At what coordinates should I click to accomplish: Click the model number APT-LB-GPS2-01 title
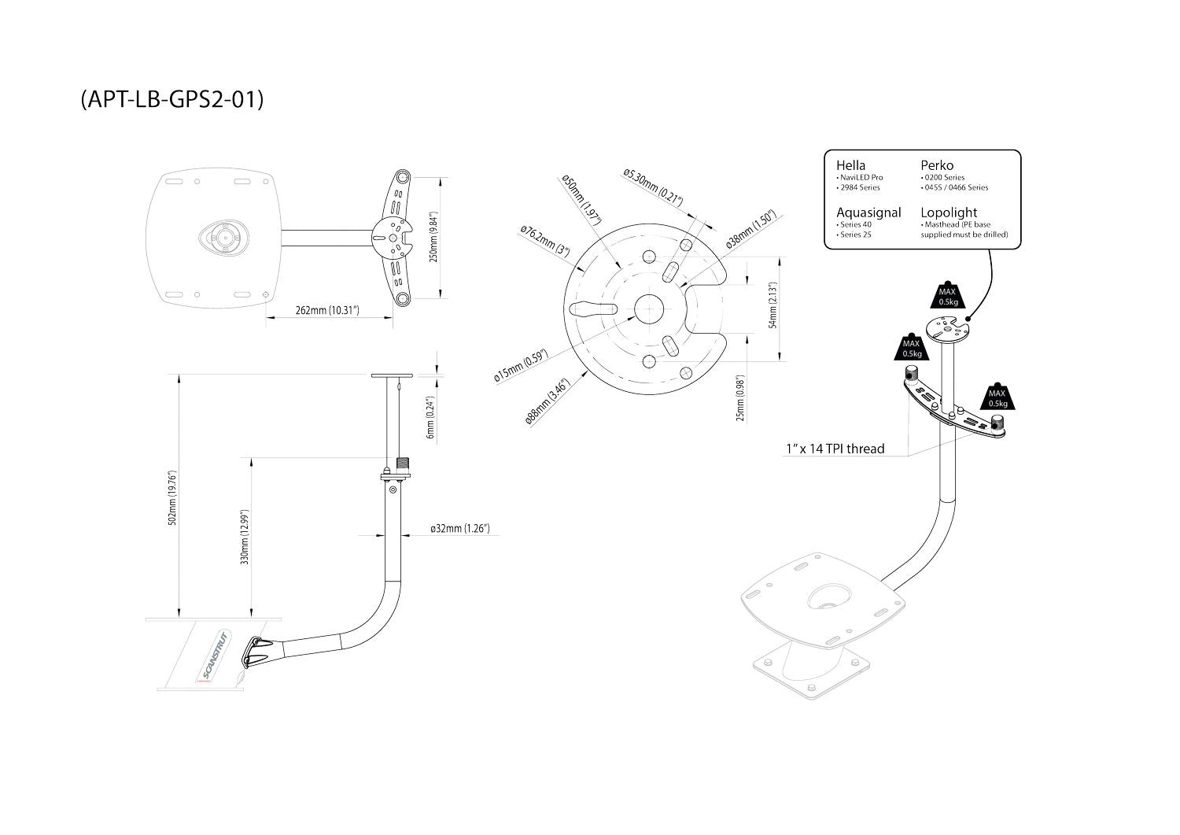tap(171, 100)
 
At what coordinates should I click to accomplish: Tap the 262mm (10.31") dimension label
tap(328, 311)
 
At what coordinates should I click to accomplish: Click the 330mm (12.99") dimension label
tap(245, 537)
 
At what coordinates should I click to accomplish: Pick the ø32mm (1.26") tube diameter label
tap(460, 528)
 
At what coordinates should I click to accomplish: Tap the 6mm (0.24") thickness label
tap(430, 416)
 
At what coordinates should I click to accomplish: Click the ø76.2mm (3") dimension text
tap(544, 238)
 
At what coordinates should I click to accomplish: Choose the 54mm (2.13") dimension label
tap(773, 305)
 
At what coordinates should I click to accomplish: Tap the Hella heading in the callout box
tap(850, 165)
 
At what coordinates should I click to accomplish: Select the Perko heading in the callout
tap(937, 165)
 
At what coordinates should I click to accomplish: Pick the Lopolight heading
tap(949, 212)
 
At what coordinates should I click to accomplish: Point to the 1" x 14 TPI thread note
tap(835, 449)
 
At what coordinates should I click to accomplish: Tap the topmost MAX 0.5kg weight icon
tap(947, 295)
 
